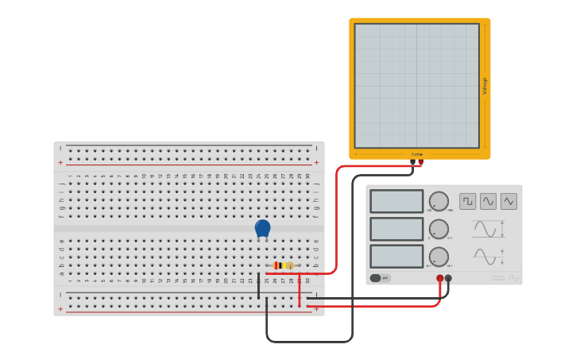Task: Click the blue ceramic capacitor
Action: (262, 228)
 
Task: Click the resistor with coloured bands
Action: (283, 265)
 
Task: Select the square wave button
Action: (467, 201)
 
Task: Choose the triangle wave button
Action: (508, 201)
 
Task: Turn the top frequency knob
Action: (439, 201)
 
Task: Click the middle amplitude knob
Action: (439, 229)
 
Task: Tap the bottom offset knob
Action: (439, 257)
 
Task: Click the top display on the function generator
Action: (396, 201)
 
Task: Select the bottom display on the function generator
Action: (396, 256)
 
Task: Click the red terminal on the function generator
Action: (439, 278)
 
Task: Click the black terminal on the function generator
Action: (449, 278)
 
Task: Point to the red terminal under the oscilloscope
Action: (420, 162)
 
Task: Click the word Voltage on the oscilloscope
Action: (485, 86)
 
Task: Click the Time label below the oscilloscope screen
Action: (416, 154)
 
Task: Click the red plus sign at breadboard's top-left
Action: (60, 162)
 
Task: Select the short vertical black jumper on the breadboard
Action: (258, 286)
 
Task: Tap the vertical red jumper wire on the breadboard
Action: (300, 291)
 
